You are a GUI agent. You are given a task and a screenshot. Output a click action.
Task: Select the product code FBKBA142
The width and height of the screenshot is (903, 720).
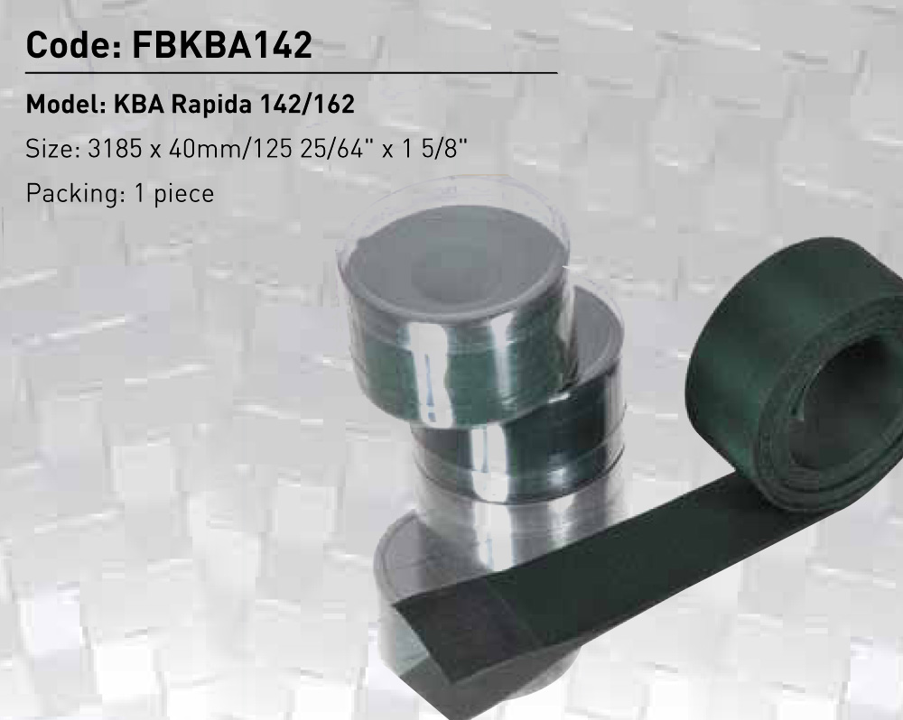click(x=222, y=45)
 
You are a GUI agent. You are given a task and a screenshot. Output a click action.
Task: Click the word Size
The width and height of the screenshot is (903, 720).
click(x=53, y=149)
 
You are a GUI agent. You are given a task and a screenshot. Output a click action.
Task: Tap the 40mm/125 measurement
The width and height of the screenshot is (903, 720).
click(x=231, y=149)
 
